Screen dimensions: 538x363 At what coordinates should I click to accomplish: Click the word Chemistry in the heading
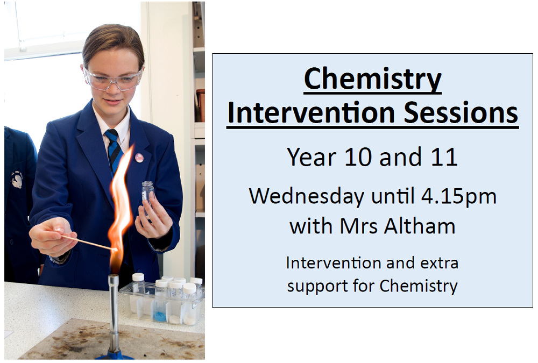pos(373,79)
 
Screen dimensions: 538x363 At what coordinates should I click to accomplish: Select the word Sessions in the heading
pos(461,112)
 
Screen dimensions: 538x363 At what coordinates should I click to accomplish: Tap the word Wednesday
pos(307,196)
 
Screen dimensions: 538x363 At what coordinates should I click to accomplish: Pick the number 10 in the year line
pos(358,157)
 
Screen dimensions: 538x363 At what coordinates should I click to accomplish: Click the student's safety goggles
pos(113,80)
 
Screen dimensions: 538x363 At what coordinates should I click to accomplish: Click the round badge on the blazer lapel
pos(139,158)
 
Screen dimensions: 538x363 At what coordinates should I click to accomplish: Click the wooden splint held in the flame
pos(89,243)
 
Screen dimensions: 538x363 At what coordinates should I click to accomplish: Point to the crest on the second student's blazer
pos(17,180)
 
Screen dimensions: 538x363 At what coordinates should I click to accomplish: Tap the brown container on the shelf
pos(201,105)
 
